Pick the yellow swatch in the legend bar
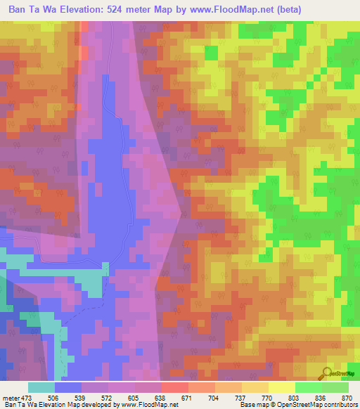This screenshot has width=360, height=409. pos(282,387)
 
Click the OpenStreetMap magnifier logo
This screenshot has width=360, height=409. pos(328,373)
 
